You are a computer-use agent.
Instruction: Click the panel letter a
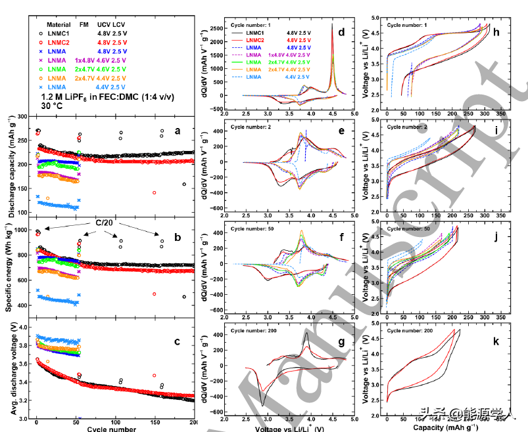(177, 131)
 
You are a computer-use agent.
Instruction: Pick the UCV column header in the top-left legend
(107, 24)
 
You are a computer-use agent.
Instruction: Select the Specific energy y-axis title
(12, 269)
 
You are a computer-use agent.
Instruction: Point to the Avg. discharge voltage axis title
(12, 368)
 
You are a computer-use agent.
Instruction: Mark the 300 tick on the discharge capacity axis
(25, 116)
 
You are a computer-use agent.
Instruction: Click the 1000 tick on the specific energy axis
(24, 230)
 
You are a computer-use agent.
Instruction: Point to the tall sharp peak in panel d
(333, 46)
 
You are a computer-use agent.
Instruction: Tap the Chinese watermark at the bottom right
(468, 415)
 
